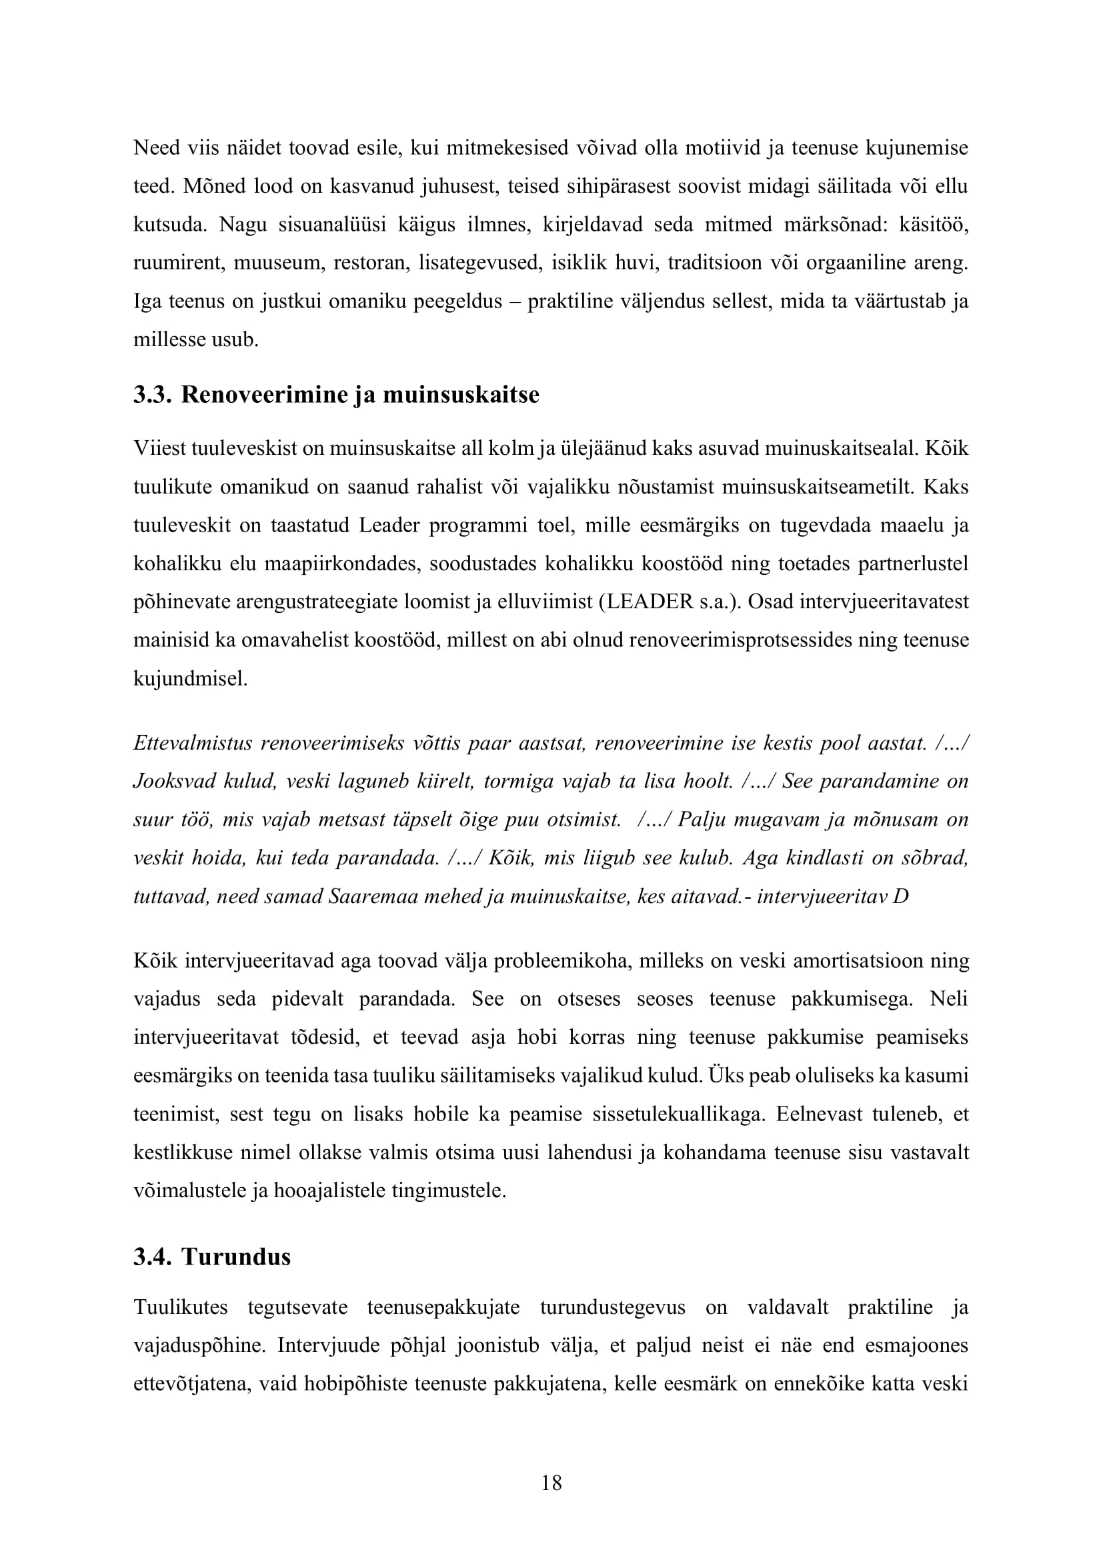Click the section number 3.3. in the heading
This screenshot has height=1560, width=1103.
153,395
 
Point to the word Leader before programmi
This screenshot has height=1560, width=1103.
389,526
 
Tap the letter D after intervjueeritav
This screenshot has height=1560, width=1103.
900,897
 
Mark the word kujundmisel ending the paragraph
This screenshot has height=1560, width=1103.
191,680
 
